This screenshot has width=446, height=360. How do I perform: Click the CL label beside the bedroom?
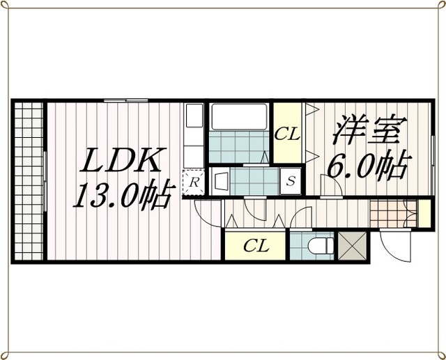(x=286, y=134)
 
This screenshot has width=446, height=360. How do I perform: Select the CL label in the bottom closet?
(x=256, y=246)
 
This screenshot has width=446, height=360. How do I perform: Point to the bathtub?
(x=239, y=118)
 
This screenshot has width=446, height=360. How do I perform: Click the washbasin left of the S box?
(x=220, y=181)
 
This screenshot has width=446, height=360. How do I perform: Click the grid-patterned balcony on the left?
(x=28, y=180)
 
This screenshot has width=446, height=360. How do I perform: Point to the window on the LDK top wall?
(x=125, y=101)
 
